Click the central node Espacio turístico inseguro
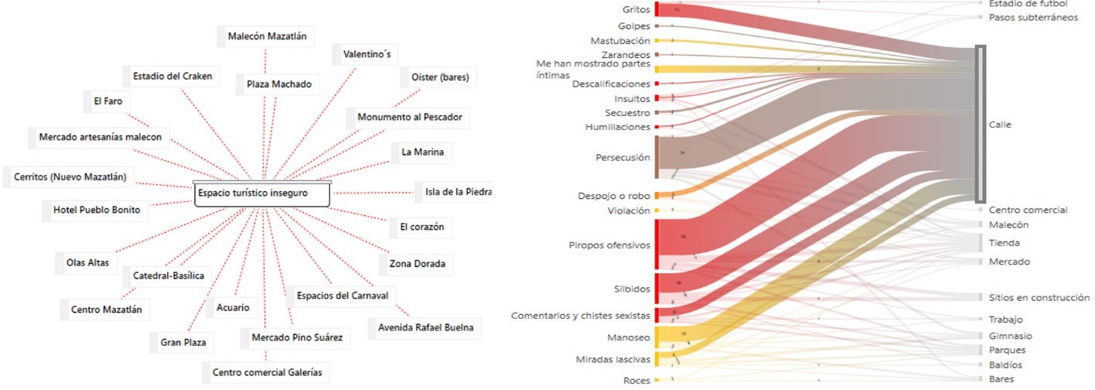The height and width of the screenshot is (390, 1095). pyautogui.click(x=261, y=193)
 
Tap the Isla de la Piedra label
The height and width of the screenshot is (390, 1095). pyautogui.click(x=457, y=192)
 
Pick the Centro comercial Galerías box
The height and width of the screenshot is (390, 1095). pyautogui.click(x=267, y=372)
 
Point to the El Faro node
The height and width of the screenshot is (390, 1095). pyautogui.click(x=108, y=101)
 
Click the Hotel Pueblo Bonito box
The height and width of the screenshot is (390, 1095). pyautogui.click(x=96, y=210)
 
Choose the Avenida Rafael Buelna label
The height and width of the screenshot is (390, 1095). pyautogui.click(x=424, y=328)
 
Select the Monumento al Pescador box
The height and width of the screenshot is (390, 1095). pyautogui.click(x=409, y=118)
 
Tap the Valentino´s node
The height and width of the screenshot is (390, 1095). pyautogui.click(x=360, y=55)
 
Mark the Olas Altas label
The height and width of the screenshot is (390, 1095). pyautogui.click(x=80, y=262)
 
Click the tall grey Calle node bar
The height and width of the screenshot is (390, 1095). pyautogui.click(x=981, y=124)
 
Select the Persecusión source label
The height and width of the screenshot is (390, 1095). pyautogui.click(x=623, y=157)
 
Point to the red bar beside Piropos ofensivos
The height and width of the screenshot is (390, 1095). pyautogui.click(x=657, y=245)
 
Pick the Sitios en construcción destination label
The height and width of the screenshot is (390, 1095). pyautogui.click(x=1039, y=297)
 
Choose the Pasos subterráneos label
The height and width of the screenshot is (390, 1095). pyautogui.click(x=1032, y=17)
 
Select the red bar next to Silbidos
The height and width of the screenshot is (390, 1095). pyautogui.click(x=657, y=289)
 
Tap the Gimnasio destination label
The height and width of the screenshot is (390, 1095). pyautogui.click(x=1010, y=336)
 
